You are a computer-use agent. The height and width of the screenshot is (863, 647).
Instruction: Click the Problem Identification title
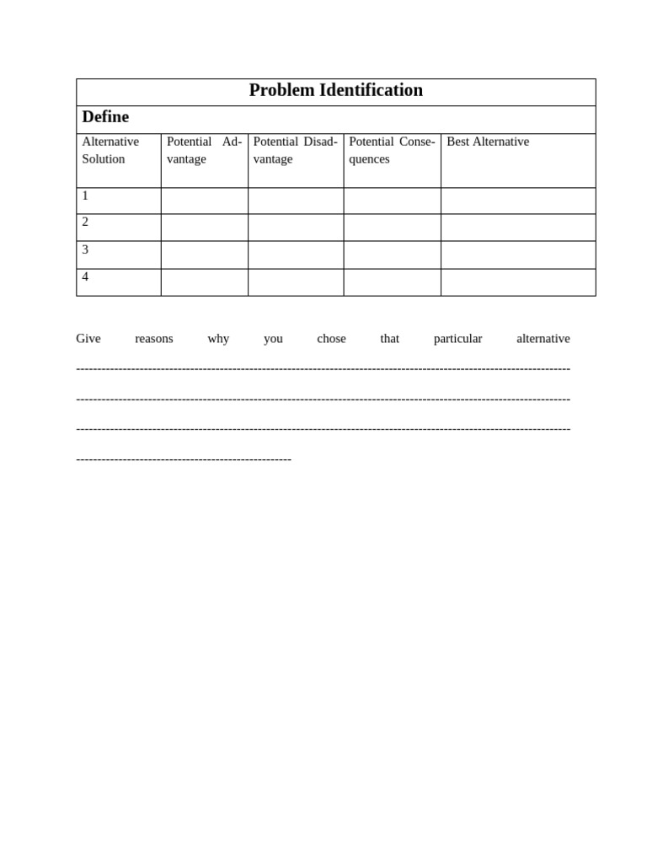[335, 90]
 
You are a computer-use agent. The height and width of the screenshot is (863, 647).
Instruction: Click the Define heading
[105, 117]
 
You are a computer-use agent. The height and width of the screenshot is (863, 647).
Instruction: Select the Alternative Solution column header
[110, 150]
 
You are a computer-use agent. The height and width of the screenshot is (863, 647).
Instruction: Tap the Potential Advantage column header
[204, 150]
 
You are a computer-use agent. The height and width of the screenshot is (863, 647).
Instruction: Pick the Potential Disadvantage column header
[295, 150]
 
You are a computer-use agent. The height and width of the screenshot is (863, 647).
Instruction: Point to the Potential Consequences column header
[392, 150]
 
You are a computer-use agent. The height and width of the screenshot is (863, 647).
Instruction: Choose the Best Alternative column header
[488, 142]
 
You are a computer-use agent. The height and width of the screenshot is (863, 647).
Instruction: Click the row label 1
[85, 196]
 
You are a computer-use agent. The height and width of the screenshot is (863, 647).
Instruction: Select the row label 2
[85, 222]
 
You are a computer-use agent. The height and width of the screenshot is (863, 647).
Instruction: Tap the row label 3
[85, 249]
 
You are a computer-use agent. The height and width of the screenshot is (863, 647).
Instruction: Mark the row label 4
[85, 276]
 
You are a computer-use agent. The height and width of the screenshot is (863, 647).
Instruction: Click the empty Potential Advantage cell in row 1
[204, 201]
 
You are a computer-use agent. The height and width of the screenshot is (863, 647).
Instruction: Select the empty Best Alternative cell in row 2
[518, 228]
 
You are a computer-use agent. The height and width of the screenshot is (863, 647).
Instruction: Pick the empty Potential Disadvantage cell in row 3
[295, 255]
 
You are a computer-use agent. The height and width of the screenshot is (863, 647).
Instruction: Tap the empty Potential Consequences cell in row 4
[392, 282]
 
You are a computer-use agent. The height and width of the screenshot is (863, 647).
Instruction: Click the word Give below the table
[88, 339]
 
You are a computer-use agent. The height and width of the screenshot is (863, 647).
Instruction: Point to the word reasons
[154, 339]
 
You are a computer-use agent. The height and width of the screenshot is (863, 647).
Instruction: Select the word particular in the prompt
[457, 339]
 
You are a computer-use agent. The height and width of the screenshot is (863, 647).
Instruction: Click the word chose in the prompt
[331, 339]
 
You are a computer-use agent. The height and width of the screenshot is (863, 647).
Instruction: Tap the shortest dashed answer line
[184, 459]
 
